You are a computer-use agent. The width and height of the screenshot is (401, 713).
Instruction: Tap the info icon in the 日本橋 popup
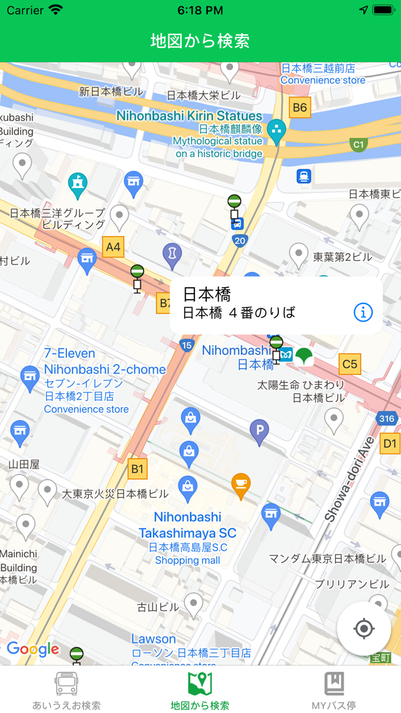coord(363,312)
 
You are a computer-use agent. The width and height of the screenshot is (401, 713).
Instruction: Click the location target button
coord(364,629)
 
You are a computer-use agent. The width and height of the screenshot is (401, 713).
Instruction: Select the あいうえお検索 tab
coord(66,690)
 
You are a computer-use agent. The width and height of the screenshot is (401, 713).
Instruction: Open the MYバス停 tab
coord(334,690)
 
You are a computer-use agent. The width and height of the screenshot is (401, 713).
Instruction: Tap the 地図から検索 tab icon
coord(200,683)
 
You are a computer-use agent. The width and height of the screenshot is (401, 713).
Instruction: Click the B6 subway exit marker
coord(300,107)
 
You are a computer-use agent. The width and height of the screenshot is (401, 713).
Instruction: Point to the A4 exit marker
coord(113,247)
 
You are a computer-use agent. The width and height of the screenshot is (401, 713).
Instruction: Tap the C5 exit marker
coord(349,363)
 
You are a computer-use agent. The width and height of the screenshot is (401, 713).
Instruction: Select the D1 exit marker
coord(390,443)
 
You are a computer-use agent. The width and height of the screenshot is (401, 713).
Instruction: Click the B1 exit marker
coord(137,469)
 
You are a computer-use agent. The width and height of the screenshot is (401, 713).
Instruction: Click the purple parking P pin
coord(260,430)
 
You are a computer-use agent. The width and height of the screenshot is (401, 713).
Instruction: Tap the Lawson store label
coord(154,638)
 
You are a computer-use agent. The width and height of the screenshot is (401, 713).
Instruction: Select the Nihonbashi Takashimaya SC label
coord(187,525)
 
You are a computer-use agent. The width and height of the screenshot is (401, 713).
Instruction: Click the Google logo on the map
coord(33,649)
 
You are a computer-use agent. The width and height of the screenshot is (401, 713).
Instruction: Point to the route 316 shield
coord(387,418)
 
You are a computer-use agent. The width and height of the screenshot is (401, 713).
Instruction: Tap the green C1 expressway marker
coord(359,144)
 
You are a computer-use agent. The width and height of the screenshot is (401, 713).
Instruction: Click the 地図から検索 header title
coord(200,41)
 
